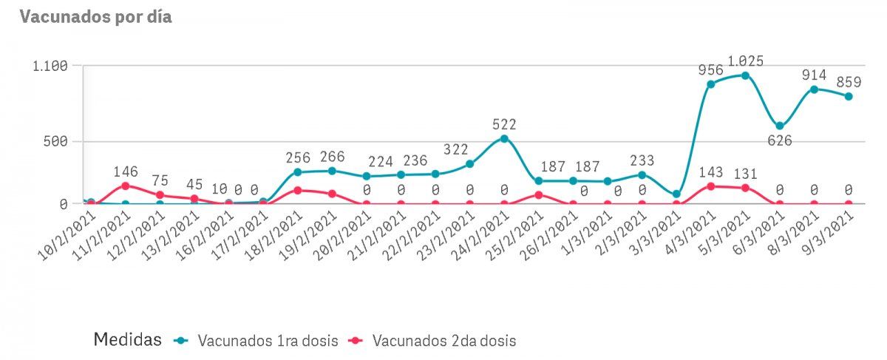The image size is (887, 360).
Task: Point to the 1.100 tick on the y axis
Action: pos(50,66)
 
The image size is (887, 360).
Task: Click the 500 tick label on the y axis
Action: pos(55,141)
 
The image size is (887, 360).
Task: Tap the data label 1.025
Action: pos(745,61)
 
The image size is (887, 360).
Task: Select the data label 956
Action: pos(711,70)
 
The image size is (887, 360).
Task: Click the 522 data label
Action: pos(504,124)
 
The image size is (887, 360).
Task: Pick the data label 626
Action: pos(779,140)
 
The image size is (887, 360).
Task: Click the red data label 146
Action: pos(126,171)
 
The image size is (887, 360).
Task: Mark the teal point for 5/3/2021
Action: pos(745,75)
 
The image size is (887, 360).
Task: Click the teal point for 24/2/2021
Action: pos(504,138)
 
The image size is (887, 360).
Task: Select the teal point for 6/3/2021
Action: pos(780,126)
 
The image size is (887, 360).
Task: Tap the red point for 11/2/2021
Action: pos(126,186)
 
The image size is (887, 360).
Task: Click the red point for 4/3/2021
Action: pos(711,186)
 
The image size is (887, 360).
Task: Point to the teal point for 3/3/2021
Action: pos(676,194)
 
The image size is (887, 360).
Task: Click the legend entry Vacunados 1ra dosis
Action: pos(259,341)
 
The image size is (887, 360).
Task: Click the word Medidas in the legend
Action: pos(127,340)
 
